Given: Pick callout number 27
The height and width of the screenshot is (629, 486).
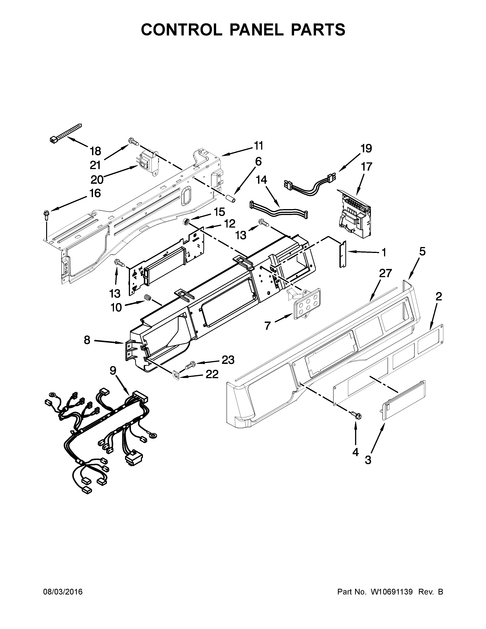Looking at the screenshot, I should [385, 273].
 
